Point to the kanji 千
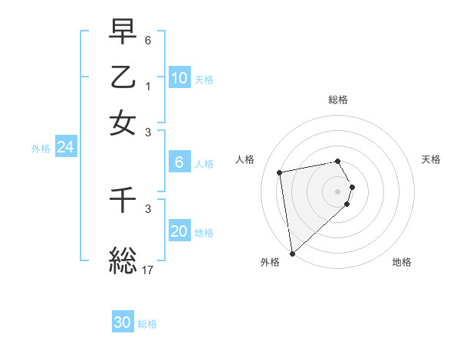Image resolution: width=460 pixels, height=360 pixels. [x=123, y=201]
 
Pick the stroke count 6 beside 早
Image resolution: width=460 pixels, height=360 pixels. [x=149, y=40]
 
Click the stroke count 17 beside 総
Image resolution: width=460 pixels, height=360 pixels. [x=147, y=270]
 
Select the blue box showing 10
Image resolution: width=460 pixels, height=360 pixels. [x=179, y=77]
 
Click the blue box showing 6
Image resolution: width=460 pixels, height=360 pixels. [x=179, y=162]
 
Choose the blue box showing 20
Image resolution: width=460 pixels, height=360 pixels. [x=179, y=231]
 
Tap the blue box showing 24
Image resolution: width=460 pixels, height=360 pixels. [x=65, y=147]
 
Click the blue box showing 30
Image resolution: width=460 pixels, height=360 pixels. [x=123, y=322]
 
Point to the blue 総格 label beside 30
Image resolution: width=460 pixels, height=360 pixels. [x=147, y=324]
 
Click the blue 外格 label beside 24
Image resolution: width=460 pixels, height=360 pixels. [x=40, y=149]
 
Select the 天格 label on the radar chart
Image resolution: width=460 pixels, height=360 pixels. [x=431, y=159]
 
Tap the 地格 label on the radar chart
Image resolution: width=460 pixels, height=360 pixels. [x=402, y=262]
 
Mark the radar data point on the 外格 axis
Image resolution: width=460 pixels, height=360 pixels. [x=292, y=253]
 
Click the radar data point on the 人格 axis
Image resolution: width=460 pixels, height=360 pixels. [x=280, y=172]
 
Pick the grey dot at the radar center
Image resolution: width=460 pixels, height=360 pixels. [x=338, y=191]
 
